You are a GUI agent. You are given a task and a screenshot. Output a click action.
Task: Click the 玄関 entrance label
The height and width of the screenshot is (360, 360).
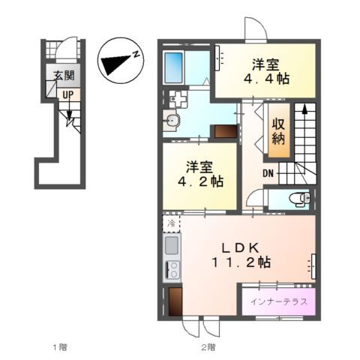[x=64, y=75]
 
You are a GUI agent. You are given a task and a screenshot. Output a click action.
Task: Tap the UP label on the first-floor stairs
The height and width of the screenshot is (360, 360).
[x=68, y=94]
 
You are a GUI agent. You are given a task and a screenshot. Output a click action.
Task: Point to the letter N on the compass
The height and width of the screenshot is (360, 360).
[x=136, y=54]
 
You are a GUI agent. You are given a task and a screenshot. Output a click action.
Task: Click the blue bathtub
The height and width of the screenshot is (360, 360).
[x=173, y=67]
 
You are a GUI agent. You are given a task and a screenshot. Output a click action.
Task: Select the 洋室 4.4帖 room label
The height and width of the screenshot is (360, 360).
[x=266, y=71]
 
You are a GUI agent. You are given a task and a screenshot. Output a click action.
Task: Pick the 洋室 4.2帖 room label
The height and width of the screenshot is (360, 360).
[x=200, y=174]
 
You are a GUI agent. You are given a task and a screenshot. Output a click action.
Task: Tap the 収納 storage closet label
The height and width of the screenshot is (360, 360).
[x=279, y=130]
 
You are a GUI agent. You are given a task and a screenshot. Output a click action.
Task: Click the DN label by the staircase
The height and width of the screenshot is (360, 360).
[x=268, y=173]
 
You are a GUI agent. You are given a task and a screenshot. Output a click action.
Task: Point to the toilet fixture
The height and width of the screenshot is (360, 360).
[x=299, y=199]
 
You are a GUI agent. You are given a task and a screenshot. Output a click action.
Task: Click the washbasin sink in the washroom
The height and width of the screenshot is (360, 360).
[x=171, y=121]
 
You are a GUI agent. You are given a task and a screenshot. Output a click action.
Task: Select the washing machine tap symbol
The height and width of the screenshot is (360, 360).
[x=178, y=99]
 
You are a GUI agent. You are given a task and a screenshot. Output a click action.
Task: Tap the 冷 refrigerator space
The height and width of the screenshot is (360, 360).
[x=172, y=223]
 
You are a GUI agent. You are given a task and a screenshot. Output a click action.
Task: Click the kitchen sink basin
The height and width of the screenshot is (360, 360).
[x=172, y=245]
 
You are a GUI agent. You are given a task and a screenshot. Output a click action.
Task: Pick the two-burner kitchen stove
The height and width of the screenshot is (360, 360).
[x=172, y=270]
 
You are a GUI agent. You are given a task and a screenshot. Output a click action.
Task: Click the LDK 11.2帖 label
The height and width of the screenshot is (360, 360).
[x=241, y=255]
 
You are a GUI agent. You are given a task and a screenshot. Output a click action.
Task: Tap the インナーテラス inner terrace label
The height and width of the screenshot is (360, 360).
[x=279, y=302]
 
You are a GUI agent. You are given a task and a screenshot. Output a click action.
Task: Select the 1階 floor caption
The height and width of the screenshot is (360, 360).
[x=60, y=347]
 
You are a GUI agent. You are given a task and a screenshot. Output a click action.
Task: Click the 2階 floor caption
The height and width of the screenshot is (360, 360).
[x=208, y=347]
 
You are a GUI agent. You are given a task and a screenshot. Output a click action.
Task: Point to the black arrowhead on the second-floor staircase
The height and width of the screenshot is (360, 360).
[x=304, y=110]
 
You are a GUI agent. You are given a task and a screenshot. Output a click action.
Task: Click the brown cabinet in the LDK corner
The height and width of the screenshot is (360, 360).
[x=175, y=301]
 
